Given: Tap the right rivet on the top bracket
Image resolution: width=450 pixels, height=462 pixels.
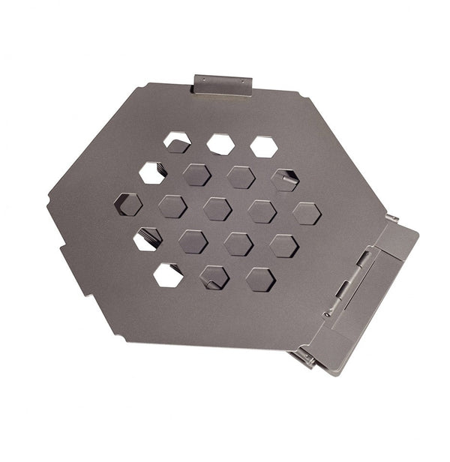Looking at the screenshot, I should (241, 81).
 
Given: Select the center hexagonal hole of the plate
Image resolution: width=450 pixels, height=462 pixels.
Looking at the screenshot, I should (217, 208).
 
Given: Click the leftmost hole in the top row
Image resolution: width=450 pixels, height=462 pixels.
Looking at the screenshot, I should (177, 142).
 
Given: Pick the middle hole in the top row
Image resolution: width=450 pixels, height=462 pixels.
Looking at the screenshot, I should (220, 144).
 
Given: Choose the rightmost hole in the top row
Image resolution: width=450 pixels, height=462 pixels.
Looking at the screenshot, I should (264, 146).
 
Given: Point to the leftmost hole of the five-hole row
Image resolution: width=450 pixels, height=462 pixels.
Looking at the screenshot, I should (128, 204).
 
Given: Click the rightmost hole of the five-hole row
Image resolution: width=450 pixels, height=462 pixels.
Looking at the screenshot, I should (306, 213).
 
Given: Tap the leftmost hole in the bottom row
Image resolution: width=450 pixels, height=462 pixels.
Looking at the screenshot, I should (168, 274).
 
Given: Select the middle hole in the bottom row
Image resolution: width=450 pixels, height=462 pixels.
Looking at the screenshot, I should (214, 277).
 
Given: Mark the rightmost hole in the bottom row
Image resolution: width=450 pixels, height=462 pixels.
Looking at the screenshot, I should (260, 279).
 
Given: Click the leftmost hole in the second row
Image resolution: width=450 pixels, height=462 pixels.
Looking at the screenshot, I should (152, 172).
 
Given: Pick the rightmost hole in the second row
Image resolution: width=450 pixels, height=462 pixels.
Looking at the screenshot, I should (285, 179).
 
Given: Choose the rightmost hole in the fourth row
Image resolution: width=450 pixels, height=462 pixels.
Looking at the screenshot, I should (283, 246).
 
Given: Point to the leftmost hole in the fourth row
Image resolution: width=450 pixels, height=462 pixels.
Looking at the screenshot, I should (148, 238).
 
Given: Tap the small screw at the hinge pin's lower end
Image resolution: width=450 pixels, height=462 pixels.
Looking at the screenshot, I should (328, 313).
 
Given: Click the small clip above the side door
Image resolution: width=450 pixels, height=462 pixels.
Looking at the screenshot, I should (391, 219).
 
